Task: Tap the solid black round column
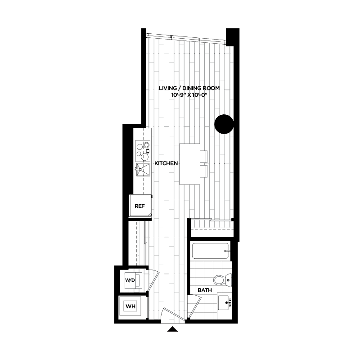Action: [224, 124]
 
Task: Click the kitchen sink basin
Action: [143, 170]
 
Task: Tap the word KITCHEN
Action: [166, 164]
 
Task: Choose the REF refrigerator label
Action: [140, 207]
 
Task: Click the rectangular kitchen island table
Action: [189, 164]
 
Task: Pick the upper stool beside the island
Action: [203, 156]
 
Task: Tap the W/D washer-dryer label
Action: [130, 280]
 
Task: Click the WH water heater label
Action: [130, 307]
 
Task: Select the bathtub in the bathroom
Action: [211, 251]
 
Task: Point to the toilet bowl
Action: [220, 280]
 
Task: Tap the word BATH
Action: [205, 291]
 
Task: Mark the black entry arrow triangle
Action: [173, 330]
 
